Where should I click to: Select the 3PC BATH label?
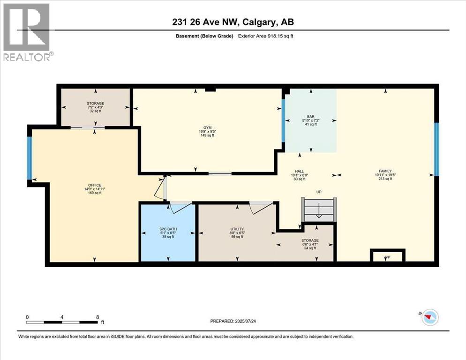[x=167, y=229]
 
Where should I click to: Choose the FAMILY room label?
[x=385, y=171]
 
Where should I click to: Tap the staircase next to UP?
[x=319, y=210]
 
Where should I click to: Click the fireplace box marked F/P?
[x=387, y=255]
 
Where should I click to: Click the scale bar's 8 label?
[x=97, y=316]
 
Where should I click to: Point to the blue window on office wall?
[x=30, y=157]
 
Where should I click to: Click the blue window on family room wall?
[x=436, y=149]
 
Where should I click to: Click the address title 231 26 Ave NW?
[x=233, y=22]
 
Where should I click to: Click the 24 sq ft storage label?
[x=310, y=244]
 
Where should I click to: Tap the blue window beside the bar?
[x=283, y=120]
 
